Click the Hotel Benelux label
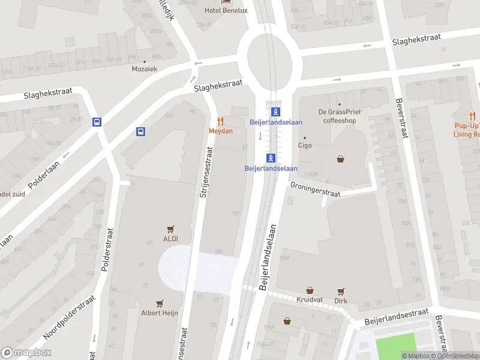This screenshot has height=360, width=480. tap(226, 10)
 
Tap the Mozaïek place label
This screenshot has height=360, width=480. tap(144, 69)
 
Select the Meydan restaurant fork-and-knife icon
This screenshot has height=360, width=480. tap(221, 121)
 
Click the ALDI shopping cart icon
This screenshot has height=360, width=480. tap(171, 229)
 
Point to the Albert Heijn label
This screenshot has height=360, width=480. tap(159, 313)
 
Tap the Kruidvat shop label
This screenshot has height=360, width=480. tap(310, 299)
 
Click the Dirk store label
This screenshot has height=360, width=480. tap(341, 301)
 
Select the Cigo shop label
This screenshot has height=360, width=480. tap(305, 145)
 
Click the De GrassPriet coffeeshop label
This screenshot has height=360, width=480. tap(339, 116)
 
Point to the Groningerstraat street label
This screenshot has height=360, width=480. tap(315, 190)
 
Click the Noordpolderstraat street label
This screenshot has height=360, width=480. tap(69, 316)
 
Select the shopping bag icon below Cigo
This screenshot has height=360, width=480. tap(341, 159)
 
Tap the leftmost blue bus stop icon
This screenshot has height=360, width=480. tap(97, 122)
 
